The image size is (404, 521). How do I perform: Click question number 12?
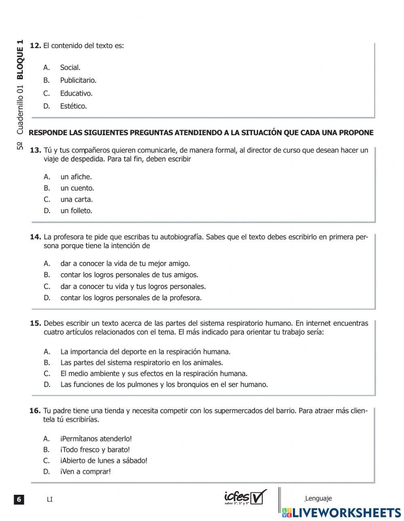(36, 46)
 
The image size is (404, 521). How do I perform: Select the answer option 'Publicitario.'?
(78, 80)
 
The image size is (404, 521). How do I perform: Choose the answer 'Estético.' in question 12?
(73, 106)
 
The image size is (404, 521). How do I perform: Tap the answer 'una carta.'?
(76, 199)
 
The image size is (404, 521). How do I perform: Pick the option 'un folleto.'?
(76, 211)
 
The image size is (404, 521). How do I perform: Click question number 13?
(36, 150)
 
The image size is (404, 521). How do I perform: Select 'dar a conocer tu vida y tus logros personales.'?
(133, 287)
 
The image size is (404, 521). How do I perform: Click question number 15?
(36, 323)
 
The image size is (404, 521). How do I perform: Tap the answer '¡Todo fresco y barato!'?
(95, 450)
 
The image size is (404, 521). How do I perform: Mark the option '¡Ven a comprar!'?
(85, 471)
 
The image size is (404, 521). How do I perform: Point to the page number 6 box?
(19, 499)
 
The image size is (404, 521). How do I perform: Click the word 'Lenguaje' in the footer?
(318, 498)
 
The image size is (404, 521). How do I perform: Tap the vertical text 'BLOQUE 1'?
(20, 60)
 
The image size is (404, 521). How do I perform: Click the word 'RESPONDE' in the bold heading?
(48, 133)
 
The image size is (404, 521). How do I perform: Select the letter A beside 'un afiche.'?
(47, 177)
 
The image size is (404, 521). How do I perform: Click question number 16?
(35, 411)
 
